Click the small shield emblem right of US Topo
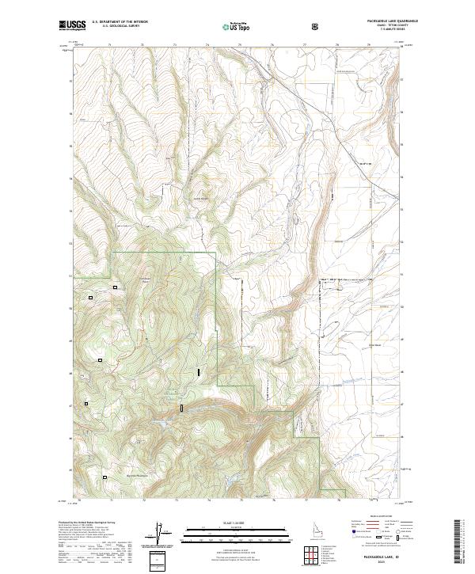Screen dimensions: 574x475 [317, 25]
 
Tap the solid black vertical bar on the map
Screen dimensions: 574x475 [199, 371]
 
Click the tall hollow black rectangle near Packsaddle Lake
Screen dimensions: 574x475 [182, 408]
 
